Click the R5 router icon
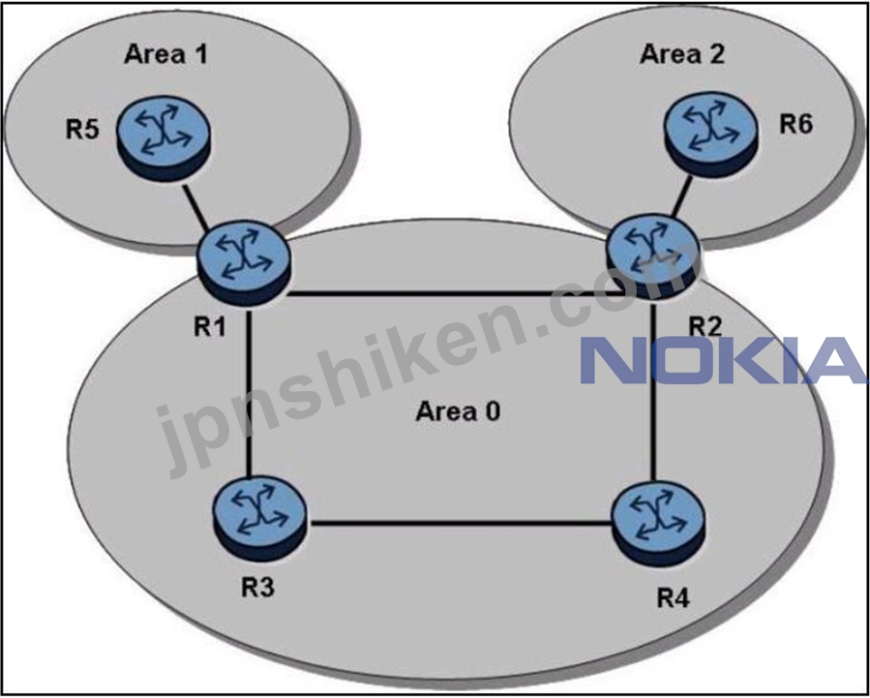tap(164, 137)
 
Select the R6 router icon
tap(710, 135)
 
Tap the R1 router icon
tap(243, 262)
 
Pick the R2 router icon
tap(653, 259)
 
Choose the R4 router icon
tap(658, 523)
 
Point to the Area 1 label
tap(165, 54)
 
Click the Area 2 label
tap(682, 54)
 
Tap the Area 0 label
tap(459, 411)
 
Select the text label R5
tap(82, 130)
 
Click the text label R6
tap(796, 125)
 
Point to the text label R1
tap(210, 327)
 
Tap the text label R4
tap(673, 598)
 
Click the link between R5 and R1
tap(195, 206)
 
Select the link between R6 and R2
tap(681, 197)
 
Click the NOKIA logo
tap(723, 360)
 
